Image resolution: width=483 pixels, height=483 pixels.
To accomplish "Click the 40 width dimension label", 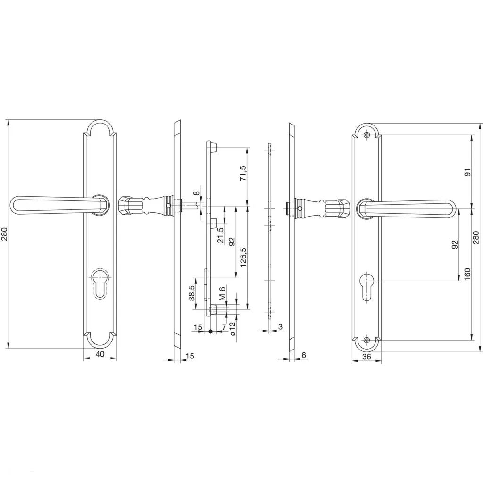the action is tap(100, 354).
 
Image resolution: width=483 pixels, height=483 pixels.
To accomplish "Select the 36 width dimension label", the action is tap(366, 357).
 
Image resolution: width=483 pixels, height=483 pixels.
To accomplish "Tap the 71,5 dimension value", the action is tap(243, 173).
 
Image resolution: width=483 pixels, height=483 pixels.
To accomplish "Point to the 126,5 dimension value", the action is tap(243, 257).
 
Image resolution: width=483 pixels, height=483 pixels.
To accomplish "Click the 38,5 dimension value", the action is tap(192, 293).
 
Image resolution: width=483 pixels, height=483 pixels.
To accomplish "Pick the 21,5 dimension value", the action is tap(221, 235).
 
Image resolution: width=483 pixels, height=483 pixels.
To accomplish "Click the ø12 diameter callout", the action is tap(232, 329).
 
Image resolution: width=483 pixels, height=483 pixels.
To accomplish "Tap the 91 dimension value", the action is tap(468, 172).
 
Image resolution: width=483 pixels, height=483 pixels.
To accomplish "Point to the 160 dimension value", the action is tap(467, 274).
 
